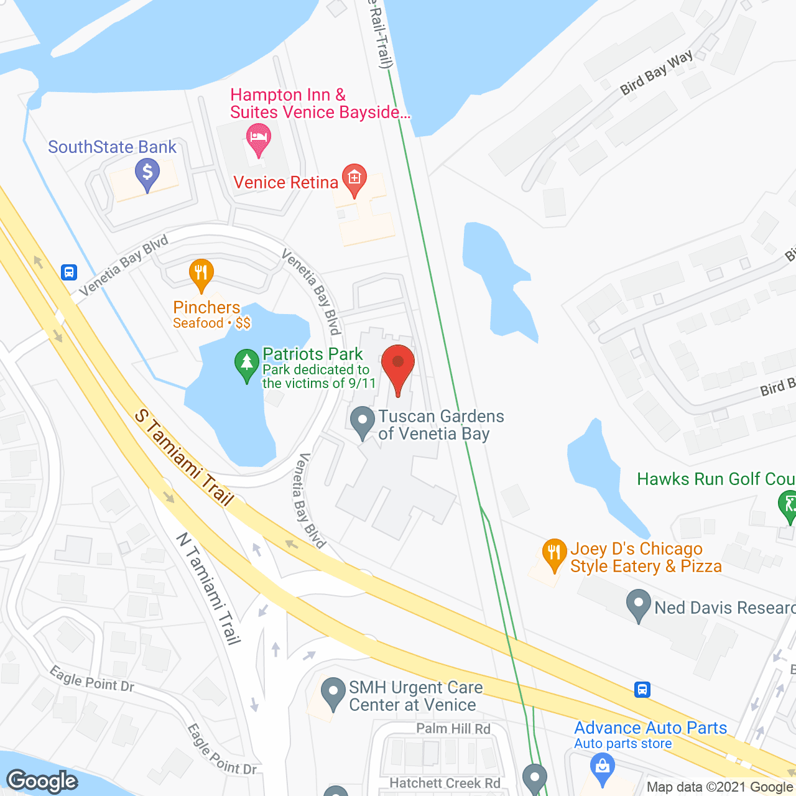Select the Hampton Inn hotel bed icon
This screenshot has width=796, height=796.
pos(258,138)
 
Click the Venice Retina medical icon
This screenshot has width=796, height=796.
pos(354,179)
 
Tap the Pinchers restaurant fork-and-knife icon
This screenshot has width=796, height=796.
pos(201,274)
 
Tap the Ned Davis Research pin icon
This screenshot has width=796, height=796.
pos(638,604)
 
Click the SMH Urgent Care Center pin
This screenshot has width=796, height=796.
pos(333,693)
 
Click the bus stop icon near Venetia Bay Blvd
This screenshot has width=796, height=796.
pos(68,272)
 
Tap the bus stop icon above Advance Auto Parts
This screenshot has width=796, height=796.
pos(642,689)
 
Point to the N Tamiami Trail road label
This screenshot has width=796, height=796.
pos(209,588)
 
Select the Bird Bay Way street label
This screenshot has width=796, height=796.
pos(657,73)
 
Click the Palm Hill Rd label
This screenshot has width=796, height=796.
pos(453,728)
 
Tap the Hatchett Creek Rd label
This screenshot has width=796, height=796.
pos(445,783)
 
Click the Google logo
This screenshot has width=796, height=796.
pos(42,781)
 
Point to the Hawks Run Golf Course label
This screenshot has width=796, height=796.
pos(716,479)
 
